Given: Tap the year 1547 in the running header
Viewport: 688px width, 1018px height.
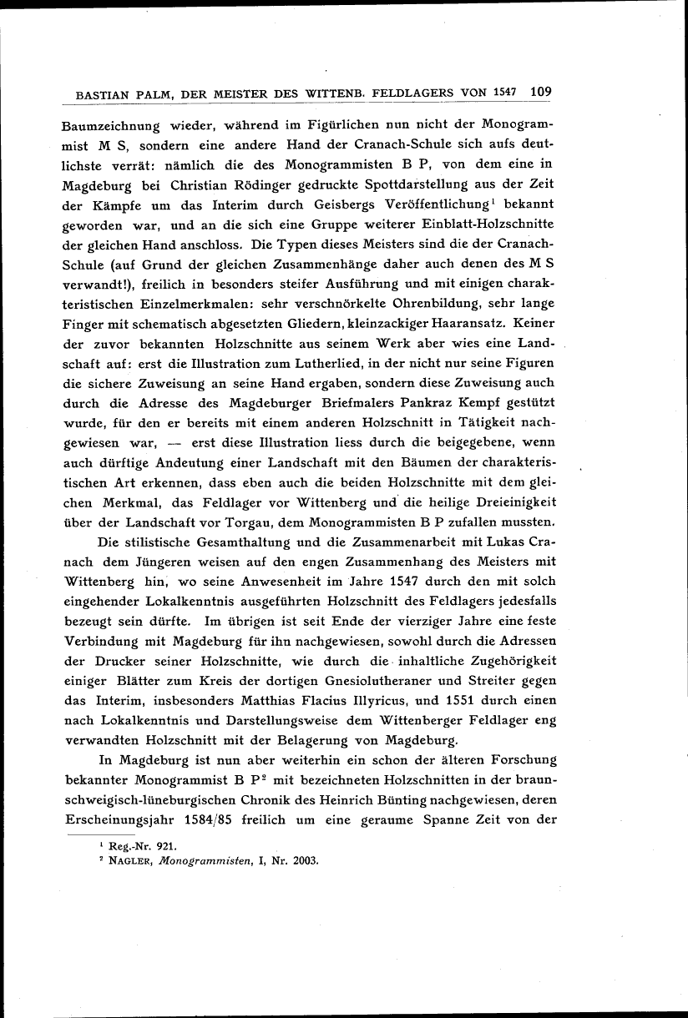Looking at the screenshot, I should (506, 93).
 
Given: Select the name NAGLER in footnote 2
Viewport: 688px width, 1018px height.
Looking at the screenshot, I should (126, 861).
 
